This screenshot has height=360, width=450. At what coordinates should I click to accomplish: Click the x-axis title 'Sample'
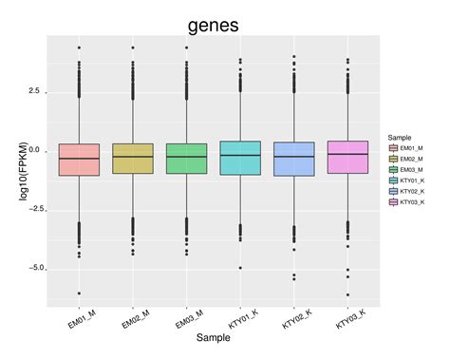pyautogui.click(x=213, y=338)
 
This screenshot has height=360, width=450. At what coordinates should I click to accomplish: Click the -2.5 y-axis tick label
pyautogui.click(x=32, y=210)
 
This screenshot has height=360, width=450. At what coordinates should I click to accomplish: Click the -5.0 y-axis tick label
pyautogui.click(x=32, y=269)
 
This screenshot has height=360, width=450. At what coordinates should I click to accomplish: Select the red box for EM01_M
pyautogui.click(x=79, y=160)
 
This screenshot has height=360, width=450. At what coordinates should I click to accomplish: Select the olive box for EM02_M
pyautogui.click(x=132, y=159)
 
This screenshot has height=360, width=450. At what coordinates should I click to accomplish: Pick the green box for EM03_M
pyautogui.click(x=186, y=159)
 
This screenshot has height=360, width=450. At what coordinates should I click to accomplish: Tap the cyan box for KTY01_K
pyautogui.click(x=239, y=158)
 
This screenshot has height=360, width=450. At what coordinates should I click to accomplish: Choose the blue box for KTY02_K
pyautogui.click(x=293, y=159)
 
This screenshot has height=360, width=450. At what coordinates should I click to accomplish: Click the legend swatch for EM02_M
pyautogui.click(x=392, y=159)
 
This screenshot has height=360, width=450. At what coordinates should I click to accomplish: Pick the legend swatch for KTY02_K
pyautogui.click(x=392, y=190)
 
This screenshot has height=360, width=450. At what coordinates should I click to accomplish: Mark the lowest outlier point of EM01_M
pyautogui.click(x=79, y=294)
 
